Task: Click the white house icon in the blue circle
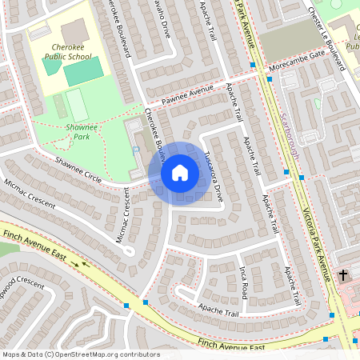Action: pos(179,173)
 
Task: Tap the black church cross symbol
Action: pos(343,275)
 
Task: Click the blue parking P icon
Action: pos(135,150)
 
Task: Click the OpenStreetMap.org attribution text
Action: pos(80,354)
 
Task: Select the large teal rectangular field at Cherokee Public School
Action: pos(83,73)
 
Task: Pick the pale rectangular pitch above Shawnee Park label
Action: pos(77,105)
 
